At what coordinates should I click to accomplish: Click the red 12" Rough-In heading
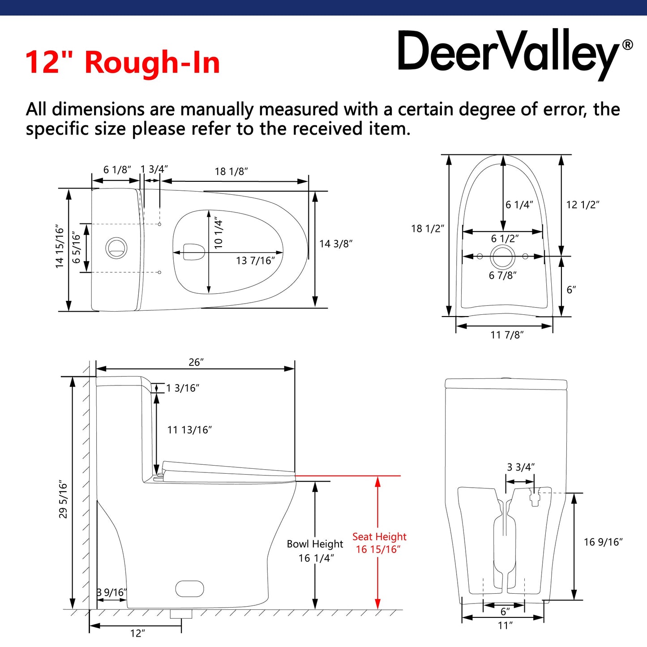click(x=122, y=62)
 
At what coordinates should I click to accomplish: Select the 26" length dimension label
click(x=196, y=362)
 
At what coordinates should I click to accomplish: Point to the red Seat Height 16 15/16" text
click(x=379, y=543)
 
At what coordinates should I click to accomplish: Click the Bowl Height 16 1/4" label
click(x=315, y=551)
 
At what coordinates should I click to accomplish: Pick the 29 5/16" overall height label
click(x=63, y=500)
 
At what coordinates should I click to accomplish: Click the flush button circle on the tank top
click(x=116, y=248)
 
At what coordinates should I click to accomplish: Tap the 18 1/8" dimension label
click(x=231, y=171)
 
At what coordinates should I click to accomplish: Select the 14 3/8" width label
click(x=336, y=244)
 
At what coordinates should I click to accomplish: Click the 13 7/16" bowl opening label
click(x=255, y=261)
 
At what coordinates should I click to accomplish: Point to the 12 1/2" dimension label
click(x=583, y=205)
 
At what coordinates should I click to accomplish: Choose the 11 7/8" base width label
click(x=507, y=335)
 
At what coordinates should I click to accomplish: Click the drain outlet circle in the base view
click(x=502, y=257)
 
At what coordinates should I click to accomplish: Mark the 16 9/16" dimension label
click(x=603, y=542)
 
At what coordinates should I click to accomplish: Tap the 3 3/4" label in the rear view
click(x=521, y=467)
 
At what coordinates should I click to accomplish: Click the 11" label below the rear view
click(x=505, y=626)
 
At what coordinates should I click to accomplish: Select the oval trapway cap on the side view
click(x=189, y=588)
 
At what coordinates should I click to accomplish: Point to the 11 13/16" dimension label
click(x=189, y=430)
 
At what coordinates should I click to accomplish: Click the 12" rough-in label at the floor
click(x=137, y=634)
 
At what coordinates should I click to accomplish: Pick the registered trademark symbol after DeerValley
click(x=628, y=45)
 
